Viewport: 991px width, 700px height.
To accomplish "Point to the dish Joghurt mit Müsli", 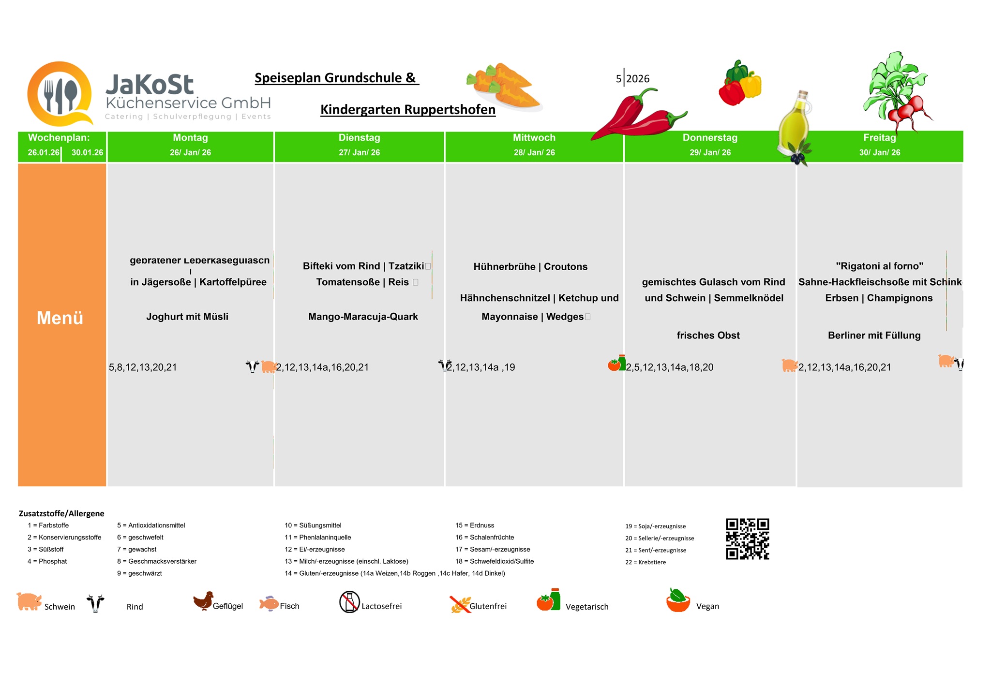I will pos(187,317).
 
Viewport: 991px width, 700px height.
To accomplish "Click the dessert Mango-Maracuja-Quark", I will pos(363,317).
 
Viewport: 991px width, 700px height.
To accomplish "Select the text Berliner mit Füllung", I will pos(874,335).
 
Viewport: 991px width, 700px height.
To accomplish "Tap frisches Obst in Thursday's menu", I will pos(708,335).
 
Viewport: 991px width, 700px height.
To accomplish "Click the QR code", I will pos(747,539).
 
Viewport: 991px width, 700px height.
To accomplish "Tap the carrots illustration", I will pos(503,87).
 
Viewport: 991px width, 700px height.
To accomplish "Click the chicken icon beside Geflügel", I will pos(203,601).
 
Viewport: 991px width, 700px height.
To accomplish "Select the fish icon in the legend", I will pos(269,603).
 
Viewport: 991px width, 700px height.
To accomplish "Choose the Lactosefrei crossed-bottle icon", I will pos(349,602).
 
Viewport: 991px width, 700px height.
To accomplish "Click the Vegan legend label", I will pos(707,606).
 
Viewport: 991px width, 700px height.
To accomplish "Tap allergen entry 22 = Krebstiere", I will pos(646,562).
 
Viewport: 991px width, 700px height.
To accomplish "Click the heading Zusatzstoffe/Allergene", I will pos(61,513).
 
